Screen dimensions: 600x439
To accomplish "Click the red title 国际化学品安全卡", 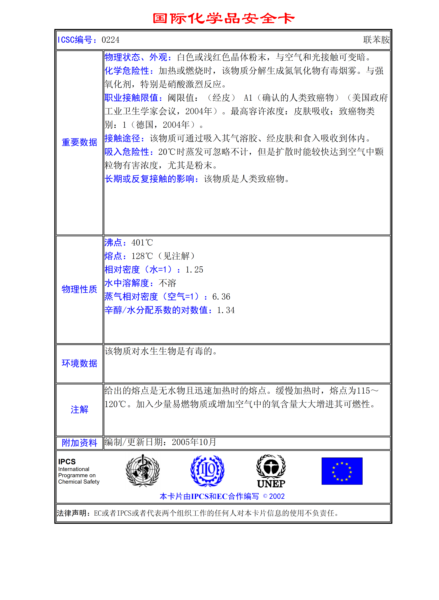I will tap(223, 19).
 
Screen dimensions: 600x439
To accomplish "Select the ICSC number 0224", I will tap(111, 40).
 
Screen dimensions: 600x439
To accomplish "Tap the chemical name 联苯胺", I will tap(376, 40).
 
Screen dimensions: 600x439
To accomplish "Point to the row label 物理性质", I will tap(79, 289).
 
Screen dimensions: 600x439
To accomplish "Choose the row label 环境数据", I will tap(79, 363).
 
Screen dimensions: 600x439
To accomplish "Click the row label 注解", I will tap(79, 409).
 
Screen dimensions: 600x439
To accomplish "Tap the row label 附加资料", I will tap(79, 443).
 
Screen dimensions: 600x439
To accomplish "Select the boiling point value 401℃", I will tap(142, 243).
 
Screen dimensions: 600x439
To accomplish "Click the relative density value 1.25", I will tap(194, 270).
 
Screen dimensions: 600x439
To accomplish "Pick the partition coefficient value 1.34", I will tap(226, 310).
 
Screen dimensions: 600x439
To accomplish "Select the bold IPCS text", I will tap(67, 462).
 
